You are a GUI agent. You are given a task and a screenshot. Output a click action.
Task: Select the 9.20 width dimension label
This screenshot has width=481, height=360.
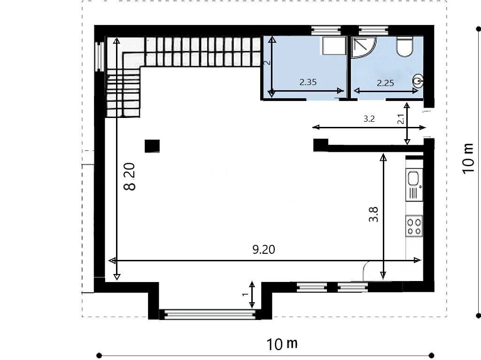[x=264, y=250]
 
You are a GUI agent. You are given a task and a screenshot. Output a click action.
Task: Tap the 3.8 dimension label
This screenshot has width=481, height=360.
[x=373, y=214]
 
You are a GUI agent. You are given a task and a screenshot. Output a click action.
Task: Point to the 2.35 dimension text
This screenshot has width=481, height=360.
[x=308, y=82]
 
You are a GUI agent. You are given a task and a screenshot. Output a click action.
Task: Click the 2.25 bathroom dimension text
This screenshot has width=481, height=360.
[x=385, y=83]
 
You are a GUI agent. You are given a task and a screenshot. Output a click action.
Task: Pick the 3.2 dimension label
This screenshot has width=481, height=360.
[x=369, y=119]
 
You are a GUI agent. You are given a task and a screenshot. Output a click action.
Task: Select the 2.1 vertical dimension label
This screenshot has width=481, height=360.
[x=401, y=119]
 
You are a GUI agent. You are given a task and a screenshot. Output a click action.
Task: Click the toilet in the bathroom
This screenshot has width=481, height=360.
[x=404, y=47]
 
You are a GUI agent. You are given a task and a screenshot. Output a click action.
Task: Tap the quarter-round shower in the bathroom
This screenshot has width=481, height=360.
[x=364, y=47]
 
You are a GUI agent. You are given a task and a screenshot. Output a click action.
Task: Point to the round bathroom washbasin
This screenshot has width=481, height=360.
[x=419, y=81]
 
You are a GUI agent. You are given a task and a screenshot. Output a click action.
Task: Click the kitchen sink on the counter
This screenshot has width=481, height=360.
[x=414, y=185]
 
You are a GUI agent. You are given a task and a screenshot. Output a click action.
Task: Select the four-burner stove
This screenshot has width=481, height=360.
[x=414, y=226]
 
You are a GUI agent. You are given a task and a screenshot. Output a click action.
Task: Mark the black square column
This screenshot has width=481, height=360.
[x=152, y=146]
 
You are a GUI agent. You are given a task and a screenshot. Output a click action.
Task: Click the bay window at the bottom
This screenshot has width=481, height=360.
[x=210, y=314]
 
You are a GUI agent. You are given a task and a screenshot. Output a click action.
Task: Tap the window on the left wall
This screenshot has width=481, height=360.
[x=100, y=56]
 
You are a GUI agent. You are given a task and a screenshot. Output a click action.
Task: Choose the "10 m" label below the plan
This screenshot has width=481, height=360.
[x=282, y=344]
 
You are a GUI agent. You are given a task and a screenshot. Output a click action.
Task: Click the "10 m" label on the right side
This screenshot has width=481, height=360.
[x=468, y=158]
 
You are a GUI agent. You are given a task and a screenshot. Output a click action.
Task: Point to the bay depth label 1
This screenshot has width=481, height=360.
[x=245, y=294]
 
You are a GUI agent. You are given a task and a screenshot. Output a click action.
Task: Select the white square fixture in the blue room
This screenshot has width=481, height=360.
[x=334, y=46]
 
